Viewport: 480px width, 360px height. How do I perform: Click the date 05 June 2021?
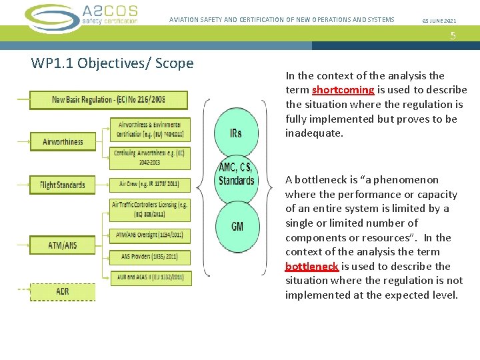(x=439, y=20)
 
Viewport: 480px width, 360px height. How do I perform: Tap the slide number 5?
(x=453, y=36)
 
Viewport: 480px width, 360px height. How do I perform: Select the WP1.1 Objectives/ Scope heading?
(x=112, y=63)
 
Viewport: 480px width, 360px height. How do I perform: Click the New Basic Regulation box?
(x=109, y=100)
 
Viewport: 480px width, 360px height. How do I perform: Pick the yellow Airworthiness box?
(x=63, y=141)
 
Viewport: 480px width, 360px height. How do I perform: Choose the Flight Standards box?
(x=63, y=185)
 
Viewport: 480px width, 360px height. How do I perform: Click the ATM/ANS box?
(x=63, y=245)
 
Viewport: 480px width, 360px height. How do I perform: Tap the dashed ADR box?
(x=63, y=291)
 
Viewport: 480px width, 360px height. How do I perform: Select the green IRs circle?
(x=235, y=133)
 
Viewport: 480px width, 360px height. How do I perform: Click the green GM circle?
(x=237, y=227)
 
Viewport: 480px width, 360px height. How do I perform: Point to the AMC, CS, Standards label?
(x=236, y=174)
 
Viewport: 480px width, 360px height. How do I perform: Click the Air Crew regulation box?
(x=150, y=184)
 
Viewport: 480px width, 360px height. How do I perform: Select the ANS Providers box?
(x=150, y=257)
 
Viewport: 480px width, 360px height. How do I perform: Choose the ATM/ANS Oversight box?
(x=150, y=235)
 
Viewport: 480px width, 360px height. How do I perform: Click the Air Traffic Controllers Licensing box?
(x=150, y=209)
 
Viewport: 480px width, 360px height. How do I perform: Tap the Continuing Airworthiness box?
(x=150, y=157)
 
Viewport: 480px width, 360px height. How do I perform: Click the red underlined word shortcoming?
(x=343, y=90)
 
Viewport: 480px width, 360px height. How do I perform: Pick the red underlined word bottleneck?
(x=312, y=267)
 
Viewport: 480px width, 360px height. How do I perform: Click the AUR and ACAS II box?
(x=150, y=276)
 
